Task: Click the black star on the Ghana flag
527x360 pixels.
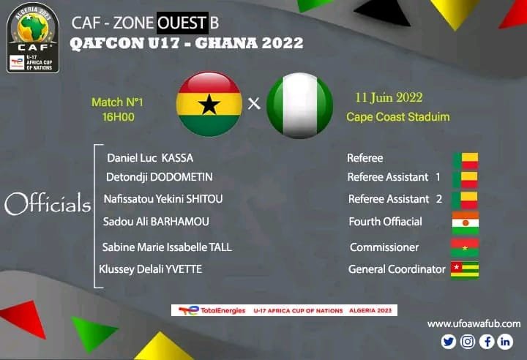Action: click(x=209, y=104)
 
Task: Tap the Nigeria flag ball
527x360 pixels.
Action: click(x=299, y=105)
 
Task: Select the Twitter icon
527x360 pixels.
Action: click(x=449, y=342)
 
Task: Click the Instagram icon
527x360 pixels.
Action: click(x=468, y=342)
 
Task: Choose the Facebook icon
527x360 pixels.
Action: click(x=486, y=342)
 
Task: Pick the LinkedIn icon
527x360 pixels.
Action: click(x=505, y=342)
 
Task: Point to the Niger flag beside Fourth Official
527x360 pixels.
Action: click(x=466, y=223)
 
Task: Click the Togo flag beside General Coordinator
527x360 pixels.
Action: click(x=465, y=270)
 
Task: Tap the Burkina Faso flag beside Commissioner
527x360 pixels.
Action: click(x=465, y=248)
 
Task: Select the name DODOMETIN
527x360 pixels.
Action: click(x=182, y=177)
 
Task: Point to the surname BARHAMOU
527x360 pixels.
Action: click(x=180, y=222)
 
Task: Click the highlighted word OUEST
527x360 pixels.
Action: click(x=182, y=23)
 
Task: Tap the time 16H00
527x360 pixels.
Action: click(x=119, y=117)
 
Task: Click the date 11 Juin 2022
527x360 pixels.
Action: click(x=389, y=97)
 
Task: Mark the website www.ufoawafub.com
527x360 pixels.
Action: click(x=474, y=323)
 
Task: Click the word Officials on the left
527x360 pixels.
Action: click(x=48, y=203)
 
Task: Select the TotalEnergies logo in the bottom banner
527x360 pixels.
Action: click(x=212, y=310)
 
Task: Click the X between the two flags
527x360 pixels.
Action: click(x=254, y=103)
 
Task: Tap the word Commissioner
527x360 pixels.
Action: click(x=384, y=247)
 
